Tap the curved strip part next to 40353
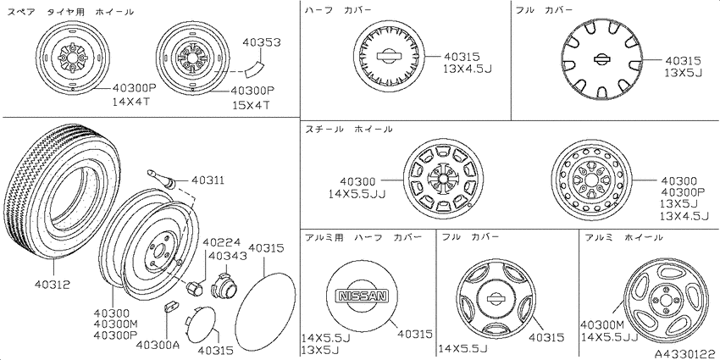pyautogui.click(x=253, y=69)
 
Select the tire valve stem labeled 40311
pyautogui.click(x=162, y=178)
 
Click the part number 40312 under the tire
pyautogui.click(x=53, y=285)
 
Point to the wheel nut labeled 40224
pyautogui.click(x=193, y=287)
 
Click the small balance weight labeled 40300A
pyautogui.click(x=170, y=307)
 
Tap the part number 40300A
pyautogui.click(x=158, y=344)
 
